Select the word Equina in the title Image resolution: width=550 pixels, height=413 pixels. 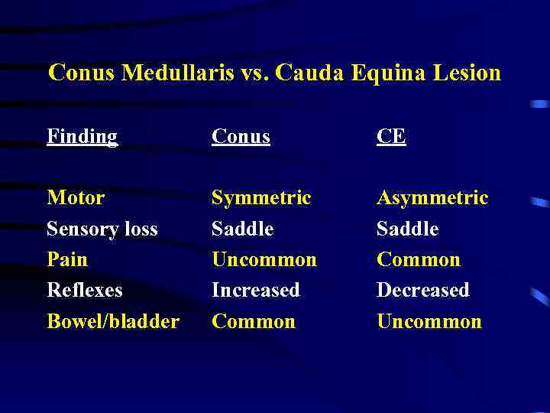375,73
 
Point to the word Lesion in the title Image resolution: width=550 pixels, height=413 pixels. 464,73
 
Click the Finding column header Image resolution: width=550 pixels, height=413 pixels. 82,137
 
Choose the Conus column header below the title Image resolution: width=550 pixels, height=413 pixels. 241,137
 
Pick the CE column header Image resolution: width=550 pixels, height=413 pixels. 391,137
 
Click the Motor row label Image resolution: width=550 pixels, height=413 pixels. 76,198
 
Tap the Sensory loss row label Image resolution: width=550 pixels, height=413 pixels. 102,229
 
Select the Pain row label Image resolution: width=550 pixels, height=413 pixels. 67,259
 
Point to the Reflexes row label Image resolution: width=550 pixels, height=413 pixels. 84,290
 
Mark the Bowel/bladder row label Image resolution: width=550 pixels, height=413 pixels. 113,321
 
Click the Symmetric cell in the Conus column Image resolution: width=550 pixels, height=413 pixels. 261,198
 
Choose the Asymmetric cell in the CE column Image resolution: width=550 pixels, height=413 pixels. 432,198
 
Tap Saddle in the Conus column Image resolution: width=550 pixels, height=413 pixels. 242,229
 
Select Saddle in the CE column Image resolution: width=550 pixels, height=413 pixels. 407,229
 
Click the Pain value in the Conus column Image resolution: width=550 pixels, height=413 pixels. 264,259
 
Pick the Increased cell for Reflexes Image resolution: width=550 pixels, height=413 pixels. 255,290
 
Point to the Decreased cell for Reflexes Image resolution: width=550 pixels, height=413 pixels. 422,290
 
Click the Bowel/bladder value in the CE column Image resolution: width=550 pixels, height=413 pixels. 429,321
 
